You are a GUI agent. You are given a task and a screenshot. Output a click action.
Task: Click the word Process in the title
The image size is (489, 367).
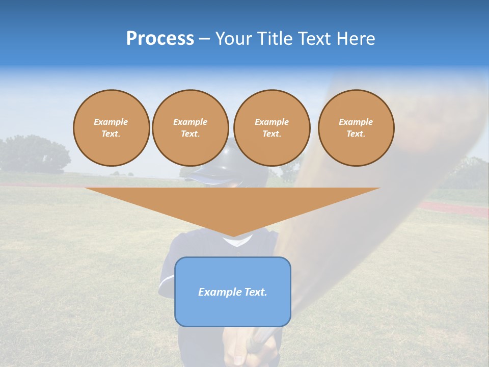pos(160,39)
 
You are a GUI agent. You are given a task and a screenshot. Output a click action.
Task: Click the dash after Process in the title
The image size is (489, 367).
pos(204,39)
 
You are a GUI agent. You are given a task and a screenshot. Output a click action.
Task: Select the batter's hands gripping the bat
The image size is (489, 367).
pos(255,349)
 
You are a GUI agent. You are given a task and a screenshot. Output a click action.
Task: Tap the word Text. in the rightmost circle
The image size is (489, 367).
pos(356,134)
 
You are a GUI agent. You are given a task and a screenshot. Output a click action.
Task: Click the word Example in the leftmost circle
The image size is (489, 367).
pos(111,122)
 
